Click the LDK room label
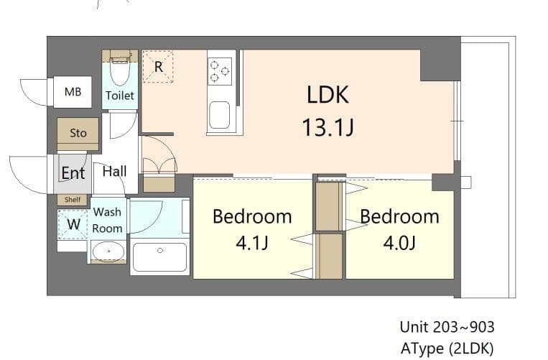pos(328,95)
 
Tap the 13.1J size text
pos(328,128)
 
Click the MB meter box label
pos(73,92)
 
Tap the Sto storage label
pos(78,133)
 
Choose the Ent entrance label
pos(73,173)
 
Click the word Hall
pos(114,171)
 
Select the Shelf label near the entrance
pos(73,200)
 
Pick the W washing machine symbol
pos(73,224)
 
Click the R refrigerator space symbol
pos(158,66)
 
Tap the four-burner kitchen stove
pos(220,71)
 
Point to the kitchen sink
pos(219,114)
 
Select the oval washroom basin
pos(108,251)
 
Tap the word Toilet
pos(120,95)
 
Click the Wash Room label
pos(108,220)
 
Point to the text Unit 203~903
pos(447,327)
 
